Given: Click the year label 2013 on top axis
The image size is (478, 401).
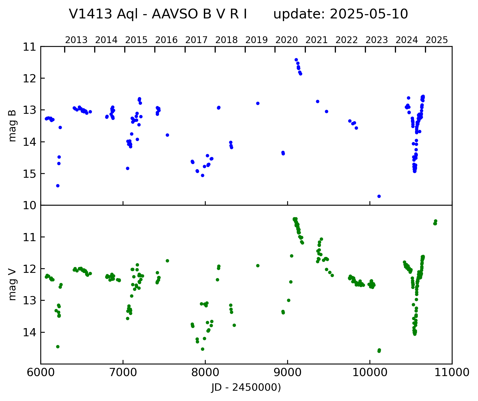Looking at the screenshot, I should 76,40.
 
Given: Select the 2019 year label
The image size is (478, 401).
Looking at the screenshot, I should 257,40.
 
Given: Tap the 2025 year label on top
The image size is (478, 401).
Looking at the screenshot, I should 437,40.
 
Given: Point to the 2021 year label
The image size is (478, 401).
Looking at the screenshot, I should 317,40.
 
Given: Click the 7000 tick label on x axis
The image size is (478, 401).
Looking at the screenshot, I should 123,373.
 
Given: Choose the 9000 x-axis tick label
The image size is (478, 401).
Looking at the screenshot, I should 287,373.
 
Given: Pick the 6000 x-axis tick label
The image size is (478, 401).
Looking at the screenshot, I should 41,373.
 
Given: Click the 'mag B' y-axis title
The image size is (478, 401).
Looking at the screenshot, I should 12,126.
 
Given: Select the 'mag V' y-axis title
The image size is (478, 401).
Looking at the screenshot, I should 12,285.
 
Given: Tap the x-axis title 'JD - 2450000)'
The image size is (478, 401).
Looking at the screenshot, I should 246,388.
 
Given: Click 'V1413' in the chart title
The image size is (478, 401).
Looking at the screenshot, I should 90,14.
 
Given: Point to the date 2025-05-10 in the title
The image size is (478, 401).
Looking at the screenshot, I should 369,14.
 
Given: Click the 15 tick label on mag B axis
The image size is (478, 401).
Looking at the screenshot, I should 30,173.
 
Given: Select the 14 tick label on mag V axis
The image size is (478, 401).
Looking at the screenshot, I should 30,332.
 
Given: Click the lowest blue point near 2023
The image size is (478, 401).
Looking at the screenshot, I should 379,196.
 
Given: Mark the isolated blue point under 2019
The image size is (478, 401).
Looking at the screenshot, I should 258,103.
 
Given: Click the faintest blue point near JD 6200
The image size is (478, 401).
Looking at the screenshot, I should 58,186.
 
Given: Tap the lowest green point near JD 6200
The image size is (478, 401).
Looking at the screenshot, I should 58,347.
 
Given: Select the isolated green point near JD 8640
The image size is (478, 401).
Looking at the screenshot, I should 258,266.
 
